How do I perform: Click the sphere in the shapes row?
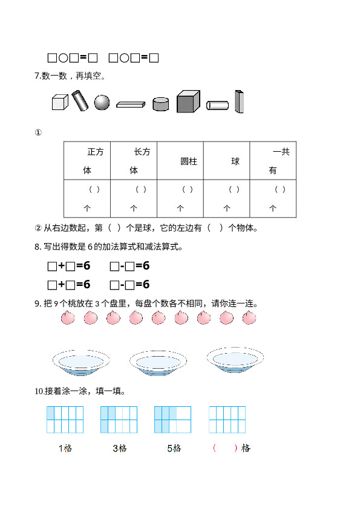(x=102, y=103)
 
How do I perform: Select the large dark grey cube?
(x=188, y=102)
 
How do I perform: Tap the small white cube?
(x=60, y=102)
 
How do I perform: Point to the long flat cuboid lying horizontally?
(x=131, y=104)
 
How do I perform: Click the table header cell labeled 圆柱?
(x=180, y=161)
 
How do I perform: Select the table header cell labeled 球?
(x=226, y=161)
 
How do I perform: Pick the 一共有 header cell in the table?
(x=273, y=161)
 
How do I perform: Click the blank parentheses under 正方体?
(x=94, y=189)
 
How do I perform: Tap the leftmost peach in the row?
(x=68, y=317)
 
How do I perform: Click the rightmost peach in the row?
(x=249, y=317)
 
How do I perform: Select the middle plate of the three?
(x=159, y=363)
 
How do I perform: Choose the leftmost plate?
(x=81, y=362)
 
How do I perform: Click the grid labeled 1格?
(x=65, y=420)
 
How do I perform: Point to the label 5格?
(x=174, y=449)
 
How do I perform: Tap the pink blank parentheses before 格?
(x=225, y=448)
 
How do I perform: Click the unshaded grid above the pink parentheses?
(x=227, y=420)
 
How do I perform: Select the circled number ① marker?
(x=38, y=132)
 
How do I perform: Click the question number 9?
(x=38, y=304)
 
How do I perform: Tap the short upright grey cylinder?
(x=160, y=104)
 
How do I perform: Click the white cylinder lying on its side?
(x=217, y=105)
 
